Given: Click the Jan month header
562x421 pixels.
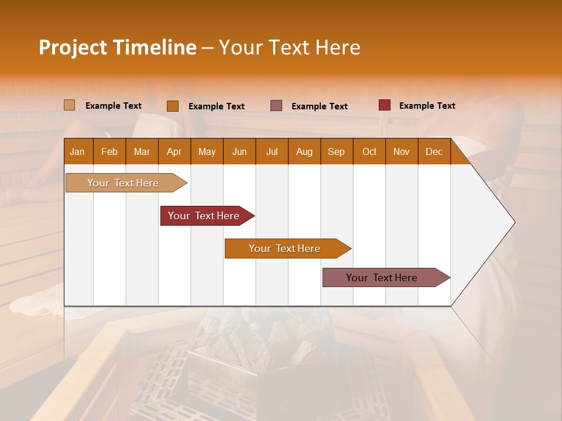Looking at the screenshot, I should (77, 152).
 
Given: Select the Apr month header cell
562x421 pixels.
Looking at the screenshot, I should (174, 152).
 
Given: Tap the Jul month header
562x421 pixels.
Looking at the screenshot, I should (272, 152).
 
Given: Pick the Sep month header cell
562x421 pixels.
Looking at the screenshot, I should (336, 152).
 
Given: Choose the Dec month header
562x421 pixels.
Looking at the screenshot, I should (434, 152).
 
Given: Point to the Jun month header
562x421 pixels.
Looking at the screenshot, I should (239, 152).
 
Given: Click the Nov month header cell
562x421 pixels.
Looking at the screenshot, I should (401, 152).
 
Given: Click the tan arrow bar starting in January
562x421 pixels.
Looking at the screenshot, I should (123, 183).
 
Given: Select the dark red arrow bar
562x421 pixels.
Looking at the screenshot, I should (204, 216).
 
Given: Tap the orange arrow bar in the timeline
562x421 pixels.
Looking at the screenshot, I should (285, 249).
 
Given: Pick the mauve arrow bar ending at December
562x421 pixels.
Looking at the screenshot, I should (382, 278).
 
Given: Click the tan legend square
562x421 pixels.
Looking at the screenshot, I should (70, 105).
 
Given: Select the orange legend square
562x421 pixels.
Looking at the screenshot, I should (173, 106).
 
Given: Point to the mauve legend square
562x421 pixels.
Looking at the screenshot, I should (276, 105).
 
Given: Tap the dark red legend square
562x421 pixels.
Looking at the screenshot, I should (385, 105).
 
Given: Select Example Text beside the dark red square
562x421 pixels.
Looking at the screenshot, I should (427, 106).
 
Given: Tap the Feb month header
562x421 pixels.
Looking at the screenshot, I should (109, 152).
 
